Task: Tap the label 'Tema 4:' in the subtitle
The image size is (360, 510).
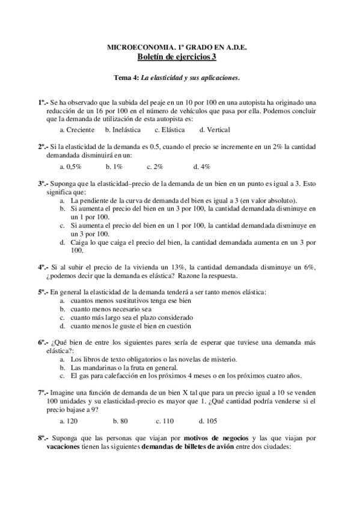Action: pyautogui.click(x=127, y=78)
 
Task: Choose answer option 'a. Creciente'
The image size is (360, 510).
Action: pyautogui.click(x=78, y=129)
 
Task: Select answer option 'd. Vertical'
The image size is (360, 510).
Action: pyautogui.click(x=215, y=129)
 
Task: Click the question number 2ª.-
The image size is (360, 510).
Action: pyautogui.click(x=43, y=146)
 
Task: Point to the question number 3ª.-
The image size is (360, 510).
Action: pyautogui.click(x=43, y=183)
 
